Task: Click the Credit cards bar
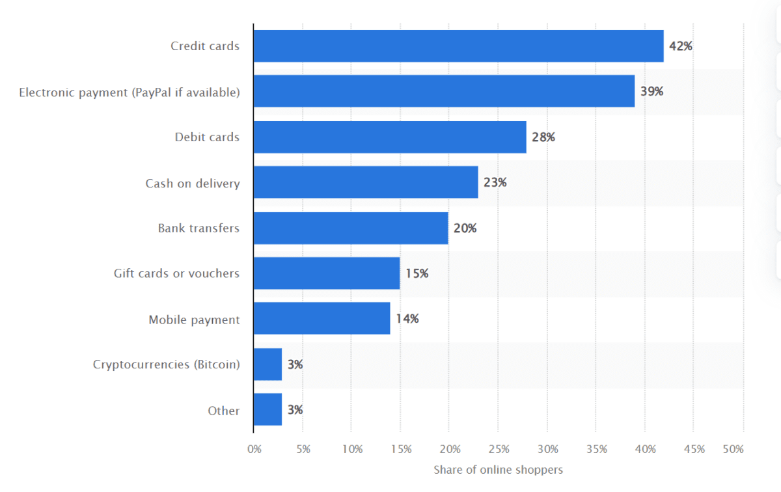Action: [x=458, y=46]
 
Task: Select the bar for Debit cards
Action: [x=389, y=137]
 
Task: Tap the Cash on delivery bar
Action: [x=365, y=182]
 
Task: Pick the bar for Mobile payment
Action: [x=322, y=319]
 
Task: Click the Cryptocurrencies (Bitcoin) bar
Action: [x=267, y=364]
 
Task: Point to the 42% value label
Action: [x=680, y=46]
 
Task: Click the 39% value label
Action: [x=651, y=92]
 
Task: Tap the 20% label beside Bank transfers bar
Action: [x=465, y=228]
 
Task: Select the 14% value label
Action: [x=407, y=319]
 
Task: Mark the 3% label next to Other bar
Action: [x=295, y=410]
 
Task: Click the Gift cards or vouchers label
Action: [x=176, y=273]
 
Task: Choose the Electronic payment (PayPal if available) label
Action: [x=130, y=92]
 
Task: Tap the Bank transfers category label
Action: [x=199, y=228]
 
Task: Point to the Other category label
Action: [x=224, y=411]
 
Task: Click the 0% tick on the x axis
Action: [x=254, y=449]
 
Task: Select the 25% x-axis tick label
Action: [x=499, y=449]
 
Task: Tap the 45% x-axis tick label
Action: [x=694, y=449]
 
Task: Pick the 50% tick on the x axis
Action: [x=733, y=449]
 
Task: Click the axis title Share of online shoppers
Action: [x=498, y=469]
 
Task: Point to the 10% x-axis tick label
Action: [x=352, y=449]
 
